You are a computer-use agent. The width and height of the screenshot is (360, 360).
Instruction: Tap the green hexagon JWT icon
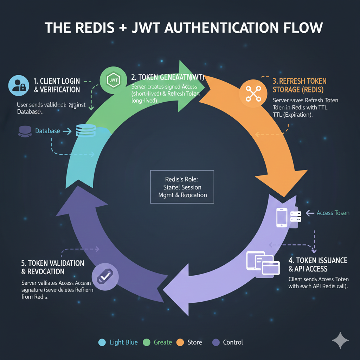(x=113, y=80)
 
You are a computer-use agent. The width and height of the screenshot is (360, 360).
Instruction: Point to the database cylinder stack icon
(x=85, y=131)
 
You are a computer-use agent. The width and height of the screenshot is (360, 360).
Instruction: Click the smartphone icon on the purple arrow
(x=282, y=217)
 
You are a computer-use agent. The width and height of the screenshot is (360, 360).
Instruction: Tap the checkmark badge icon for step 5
(x=104, y=277)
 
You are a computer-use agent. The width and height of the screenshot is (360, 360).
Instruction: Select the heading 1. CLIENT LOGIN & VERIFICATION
(x=57, y=85)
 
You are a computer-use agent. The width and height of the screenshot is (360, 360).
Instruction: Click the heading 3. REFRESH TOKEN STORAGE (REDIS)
(x=300, y=85)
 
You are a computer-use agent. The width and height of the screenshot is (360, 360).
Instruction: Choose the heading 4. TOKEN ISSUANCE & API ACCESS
(x=317, y=265)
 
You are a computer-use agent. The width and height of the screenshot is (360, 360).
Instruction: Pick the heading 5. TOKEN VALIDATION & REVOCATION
(x=53, y=267)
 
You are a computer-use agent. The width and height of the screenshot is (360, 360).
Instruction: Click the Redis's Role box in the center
(x=182, y=187)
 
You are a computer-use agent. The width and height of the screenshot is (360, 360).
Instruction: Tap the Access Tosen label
(x=333, y=213)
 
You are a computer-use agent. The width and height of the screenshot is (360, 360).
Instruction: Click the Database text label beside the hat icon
(x=47, y=131)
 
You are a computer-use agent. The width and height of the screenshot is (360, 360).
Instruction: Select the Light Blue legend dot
(x=102, y=342)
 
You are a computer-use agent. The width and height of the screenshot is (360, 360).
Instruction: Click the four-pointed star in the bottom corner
(x=340, y=340)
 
